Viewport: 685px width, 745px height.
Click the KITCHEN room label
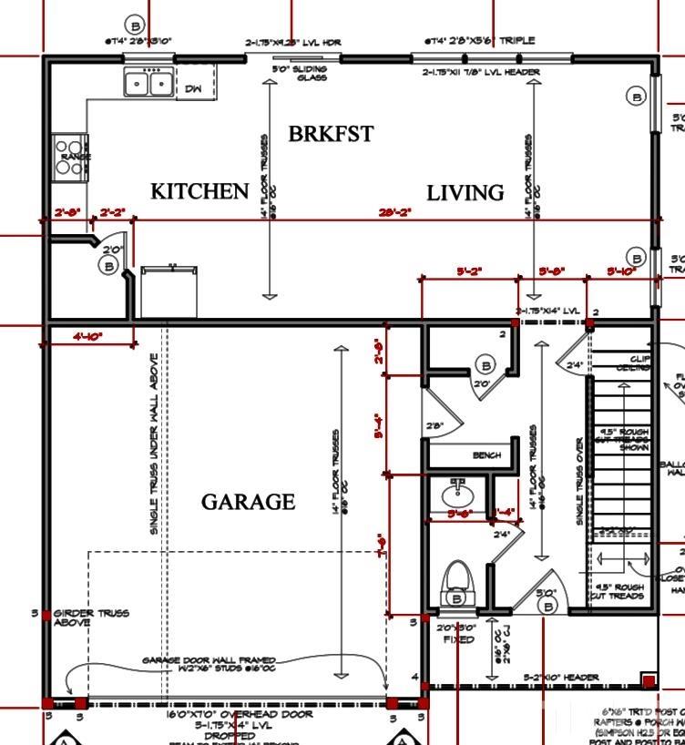[199, 191]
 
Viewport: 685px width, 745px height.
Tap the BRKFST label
[331, 134]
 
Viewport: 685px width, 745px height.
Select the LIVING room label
[465, 192]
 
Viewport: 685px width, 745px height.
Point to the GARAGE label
[248, 502]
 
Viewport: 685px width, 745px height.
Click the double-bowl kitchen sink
[149, 83]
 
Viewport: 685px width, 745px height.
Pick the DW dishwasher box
[194, 88]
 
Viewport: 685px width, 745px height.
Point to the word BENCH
[486, 454]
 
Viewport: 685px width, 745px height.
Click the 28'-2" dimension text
[395, 212]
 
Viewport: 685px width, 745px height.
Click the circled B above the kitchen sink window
[136, 25]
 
